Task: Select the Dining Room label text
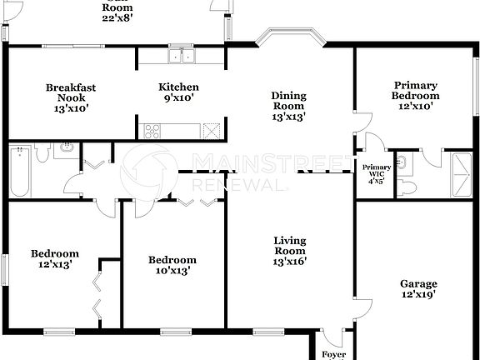coord(289,107)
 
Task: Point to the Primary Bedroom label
coord(417,96)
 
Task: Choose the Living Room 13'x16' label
coord(289,251)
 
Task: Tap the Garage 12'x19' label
coord(417,288)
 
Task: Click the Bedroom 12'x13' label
coord(55,259)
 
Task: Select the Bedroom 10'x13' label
coord(172,265)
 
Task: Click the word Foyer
coord(333,354)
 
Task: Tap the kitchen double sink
coord(180,57)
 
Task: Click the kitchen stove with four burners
coord(153,130)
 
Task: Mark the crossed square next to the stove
coord(212,130)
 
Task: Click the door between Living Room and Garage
coord(360,310)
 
